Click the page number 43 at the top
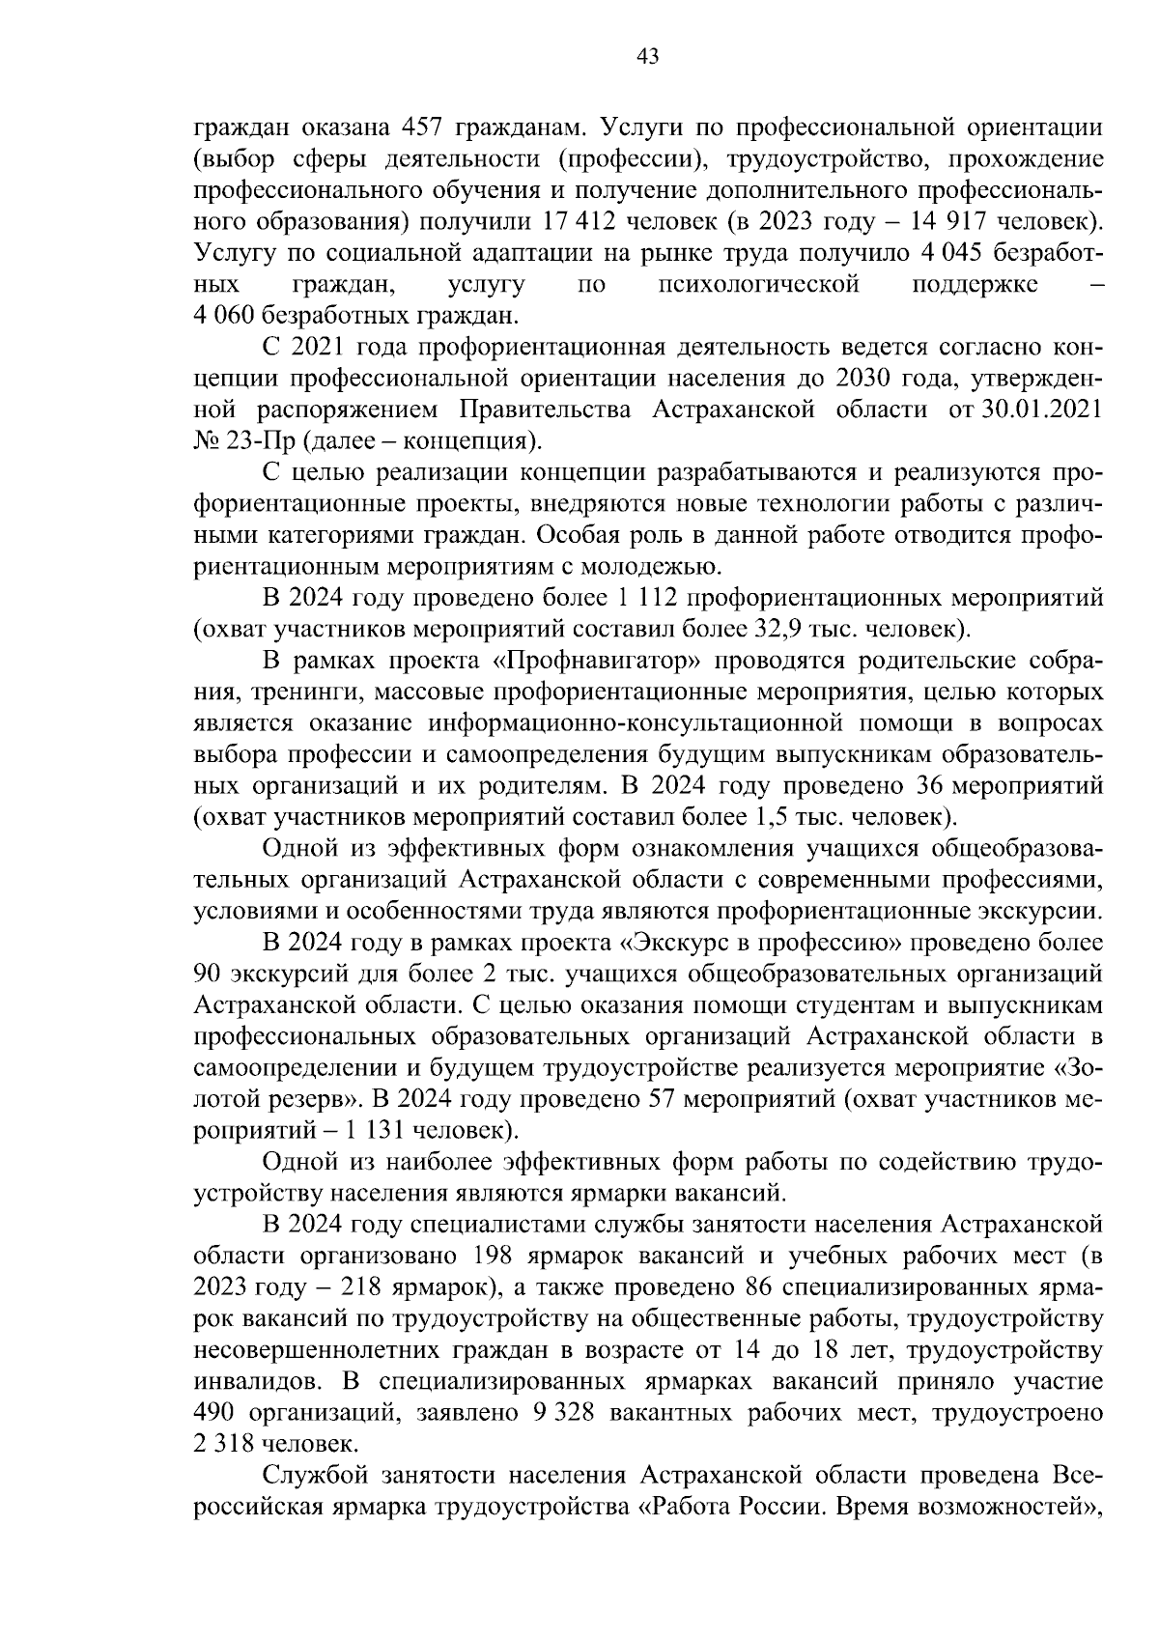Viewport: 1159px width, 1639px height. tap(647, 57)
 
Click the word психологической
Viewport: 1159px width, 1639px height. tap(758, 285)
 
